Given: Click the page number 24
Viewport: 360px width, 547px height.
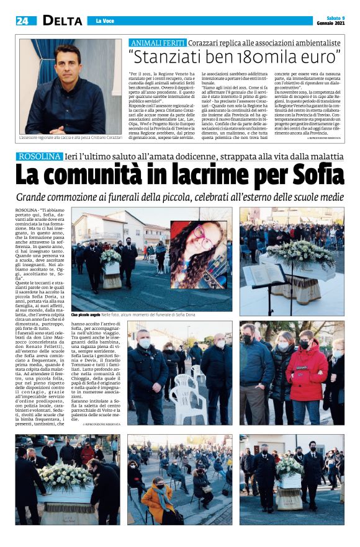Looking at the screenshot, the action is tap(22, 20).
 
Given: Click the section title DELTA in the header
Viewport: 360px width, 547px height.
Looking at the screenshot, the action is tap(62, 20).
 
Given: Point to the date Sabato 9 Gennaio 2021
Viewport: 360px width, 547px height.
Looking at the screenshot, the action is tap(330, 20).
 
